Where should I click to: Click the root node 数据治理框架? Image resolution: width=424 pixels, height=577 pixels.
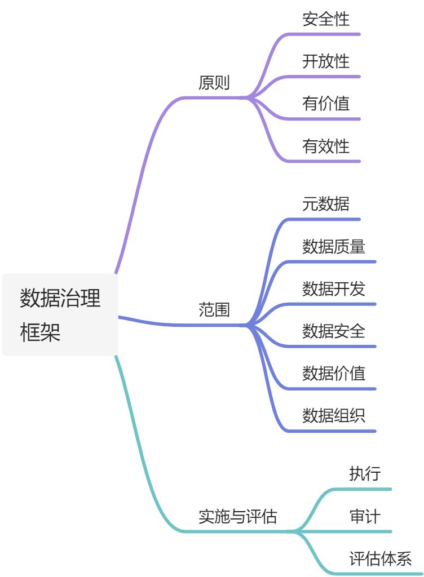click(60, 314)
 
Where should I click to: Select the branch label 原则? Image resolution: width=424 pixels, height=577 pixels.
click(214, 83)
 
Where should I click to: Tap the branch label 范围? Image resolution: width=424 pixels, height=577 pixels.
click(214, 310)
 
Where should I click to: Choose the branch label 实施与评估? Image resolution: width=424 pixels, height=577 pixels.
click(237, 516)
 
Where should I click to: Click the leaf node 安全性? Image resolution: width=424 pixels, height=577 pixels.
click(326, 19)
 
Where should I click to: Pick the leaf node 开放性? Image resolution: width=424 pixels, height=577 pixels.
click(326, 61)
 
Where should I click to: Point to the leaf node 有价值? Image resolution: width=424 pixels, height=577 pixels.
click(326, 104)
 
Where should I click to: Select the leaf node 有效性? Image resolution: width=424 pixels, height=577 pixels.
click(326, 147)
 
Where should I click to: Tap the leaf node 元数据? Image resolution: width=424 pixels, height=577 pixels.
click(326, 204)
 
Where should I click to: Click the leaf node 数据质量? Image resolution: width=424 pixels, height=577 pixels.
click(334, 246)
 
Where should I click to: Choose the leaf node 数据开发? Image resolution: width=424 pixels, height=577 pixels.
click(334, 288)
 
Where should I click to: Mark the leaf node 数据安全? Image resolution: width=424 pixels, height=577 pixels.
click(334, 331)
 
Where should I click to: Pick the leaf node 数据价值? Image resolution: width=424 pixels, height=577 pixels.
click(334, 373)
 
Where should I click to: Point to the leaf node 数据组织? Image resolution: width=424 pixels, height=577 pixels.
click(334, 416)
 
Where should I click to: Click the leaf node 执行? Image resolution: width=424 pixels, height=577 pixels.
click(365, 474)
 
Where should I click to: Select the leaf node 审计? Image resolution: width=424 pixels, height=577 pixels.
click(365, 516)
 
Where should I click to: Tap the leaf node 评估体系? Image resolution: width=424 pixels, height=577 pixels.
click(381, 559)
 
